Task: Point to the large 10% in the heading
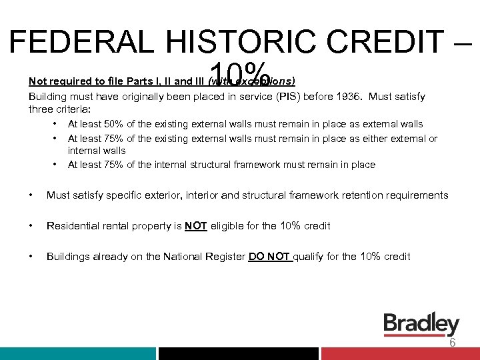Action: click(239, 75)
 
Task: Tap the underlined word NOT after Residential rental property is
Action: click(195, 226)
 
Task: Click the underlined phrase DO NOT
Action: click(269, 257)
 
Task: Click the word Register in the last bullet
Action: click(225, 257)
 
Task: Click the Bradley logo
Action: click(421, 325)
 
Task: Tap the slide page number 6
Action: click(452, 343)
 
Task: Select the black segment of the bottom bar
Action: click(238, 354)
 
